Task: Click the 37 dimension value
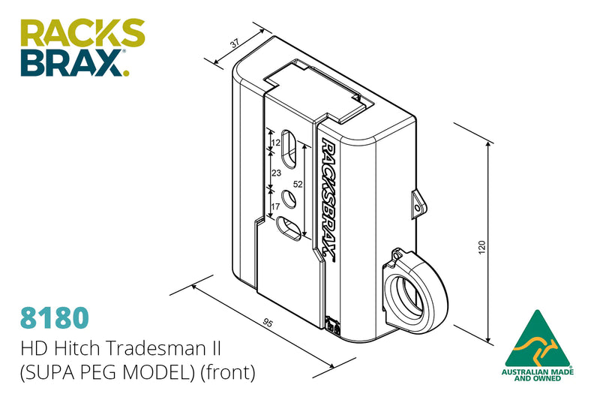235,43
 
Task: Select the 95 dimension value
268,323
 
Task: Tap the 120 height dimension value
481,247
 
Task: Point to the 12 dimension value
275,143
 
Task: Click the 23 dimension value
276,173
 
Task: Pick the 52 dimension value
298,184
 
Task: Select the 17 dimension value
275,206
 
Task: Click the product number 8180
54,317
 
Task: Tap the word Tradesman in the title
163,348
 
